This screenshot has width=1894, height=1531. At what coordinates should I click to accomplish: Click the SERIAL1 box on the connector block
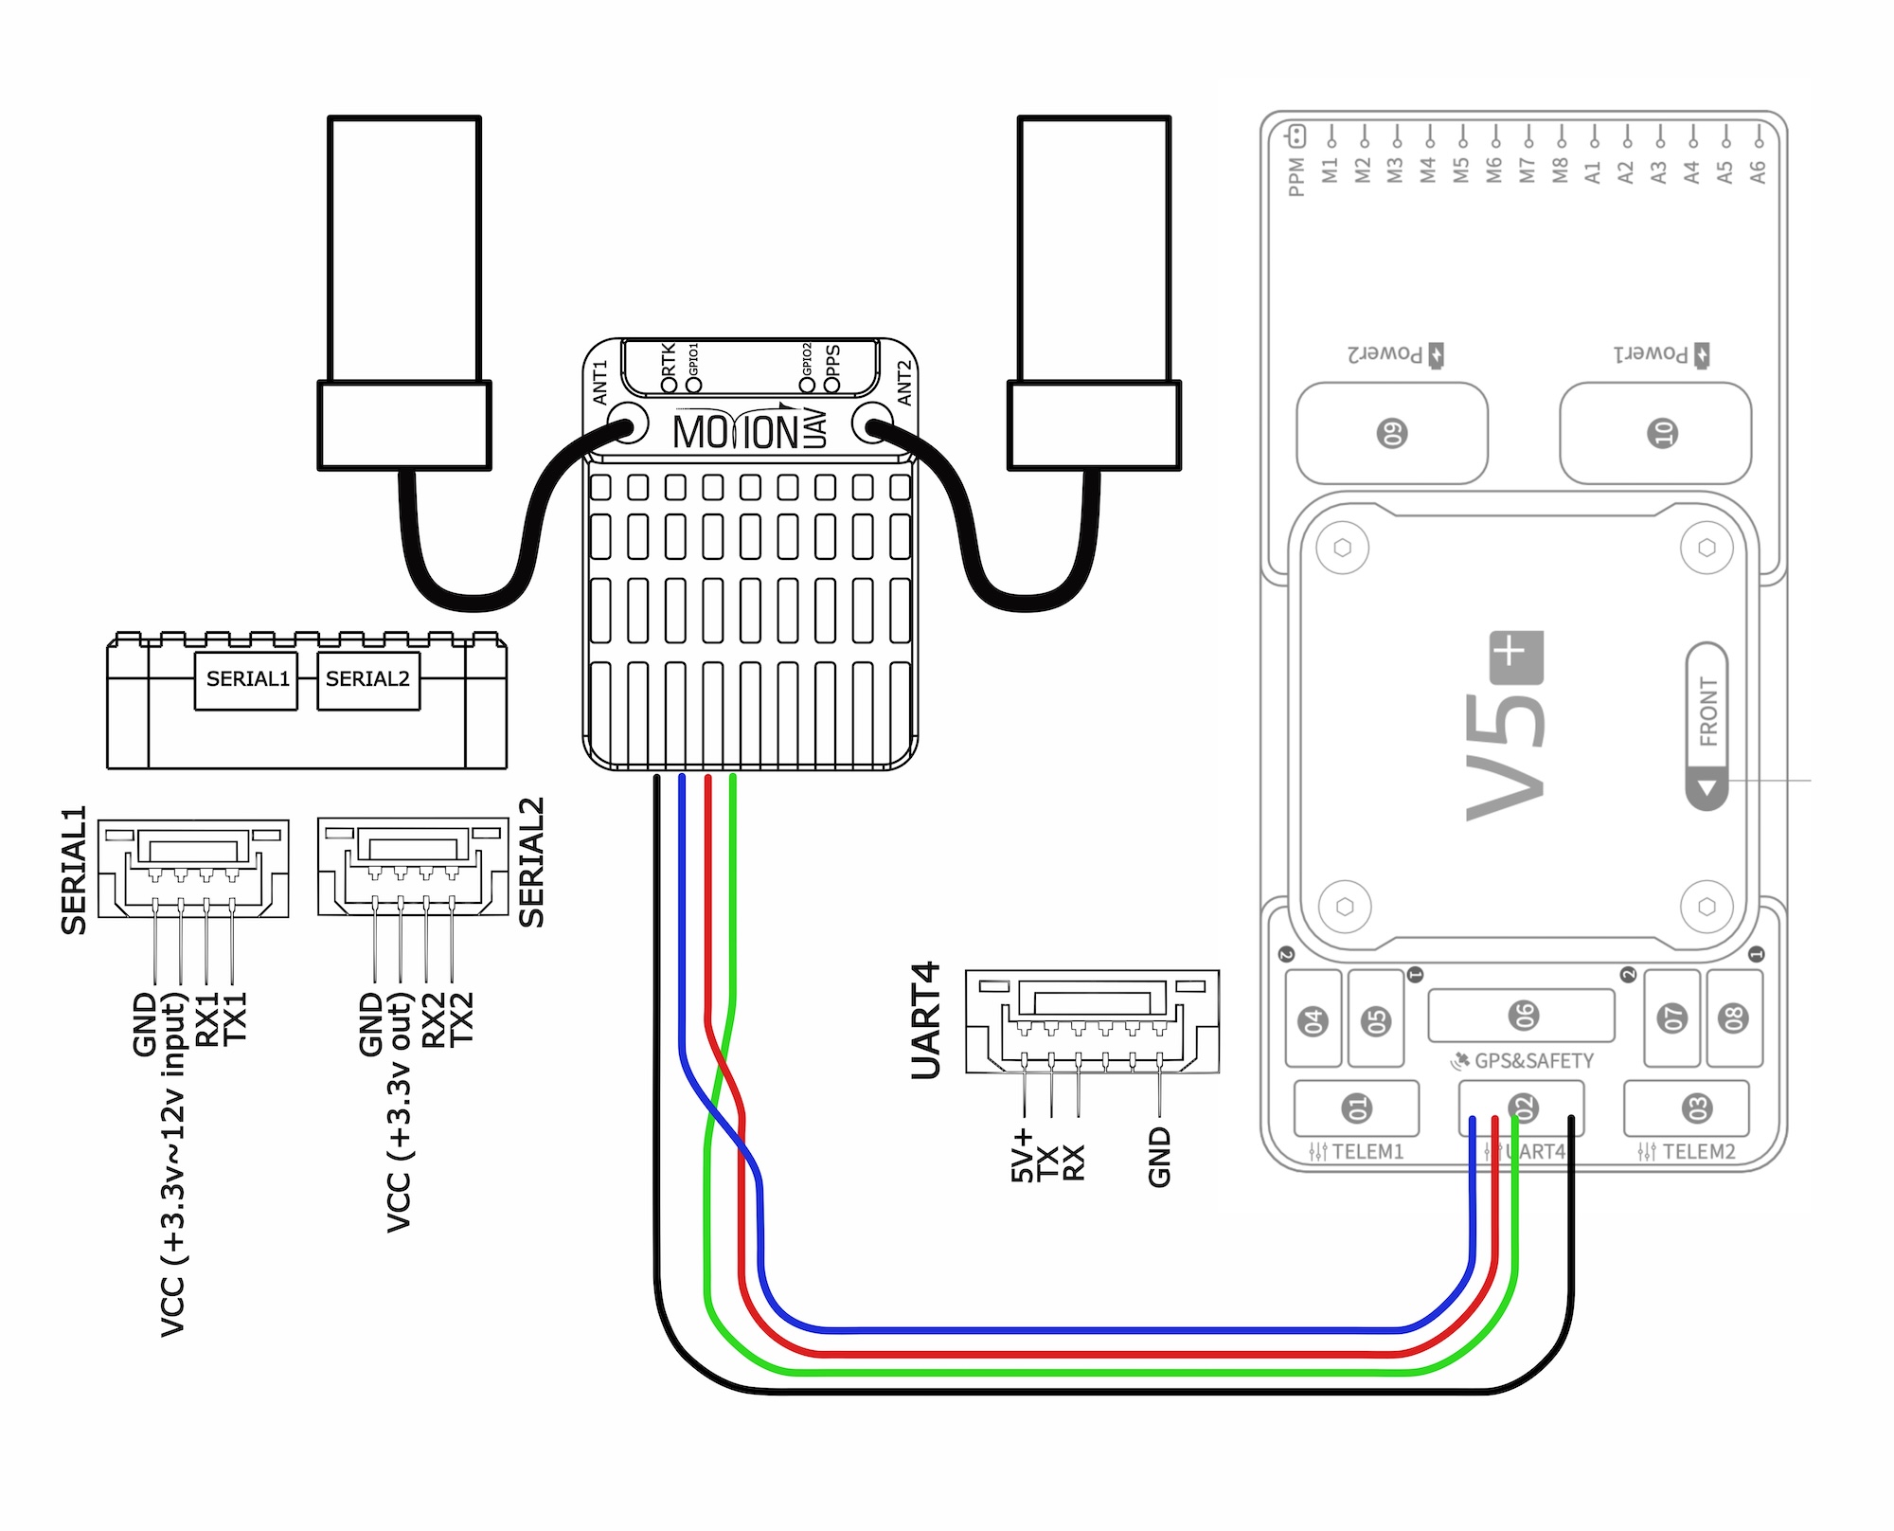[x=246, y=680]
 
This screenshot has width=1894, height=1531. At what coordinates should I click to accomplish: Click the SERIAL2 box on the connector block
[x=368, y=680]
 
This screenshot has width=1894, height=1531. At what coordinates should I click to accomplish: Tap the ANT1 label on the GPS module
[x=600, y=383]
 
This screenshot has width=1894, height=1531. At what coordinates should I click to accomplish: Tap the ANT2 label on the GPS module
[x=904, y=383]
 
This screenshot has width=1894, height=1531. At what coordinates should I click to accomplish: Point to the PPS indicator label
[x=833, y=368]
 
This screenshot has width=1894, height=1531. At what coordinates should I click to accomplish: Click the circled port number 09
[x=1392, y=433]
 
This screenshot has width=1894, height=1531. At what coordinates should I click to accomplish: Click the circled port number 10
[x=1663, y=433]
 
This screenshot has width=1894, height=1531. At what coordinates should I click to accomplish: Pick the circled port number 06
[x=1522, y=1016]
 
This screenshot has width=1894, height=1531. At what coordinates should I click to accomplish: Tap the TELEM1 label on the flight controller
[x=1367, y=1152]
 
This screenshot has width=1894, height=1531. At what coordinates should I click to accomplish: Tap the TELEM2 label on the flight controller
[x=1699, y=1152]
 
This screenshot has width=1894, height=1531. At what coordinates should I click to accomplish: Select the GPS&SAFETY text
[x=1534, y=1061]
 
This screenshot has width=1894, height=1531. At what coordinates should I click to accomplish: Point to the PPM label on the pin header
[x=1297, y=177]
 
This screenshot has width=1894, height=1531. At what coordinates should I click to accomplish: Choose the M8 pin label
[x=1561, y=171]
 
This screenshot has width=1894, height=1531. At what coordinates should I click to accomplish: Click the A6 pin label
[x=1758, y=171]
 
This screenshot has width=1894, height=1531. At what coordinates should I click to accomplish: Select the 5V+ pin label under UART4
[x=1022, y=1156]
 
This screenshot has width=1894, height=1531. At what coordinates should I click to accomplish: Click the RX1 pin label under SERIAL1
[x=206, y=1019]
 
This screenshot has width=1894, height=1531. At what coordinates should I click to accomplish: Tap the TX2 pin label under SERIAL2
[x=460, y=1019]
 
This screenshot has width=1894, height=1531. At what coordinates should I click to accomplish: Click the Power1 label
[x=1651, y=354]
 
